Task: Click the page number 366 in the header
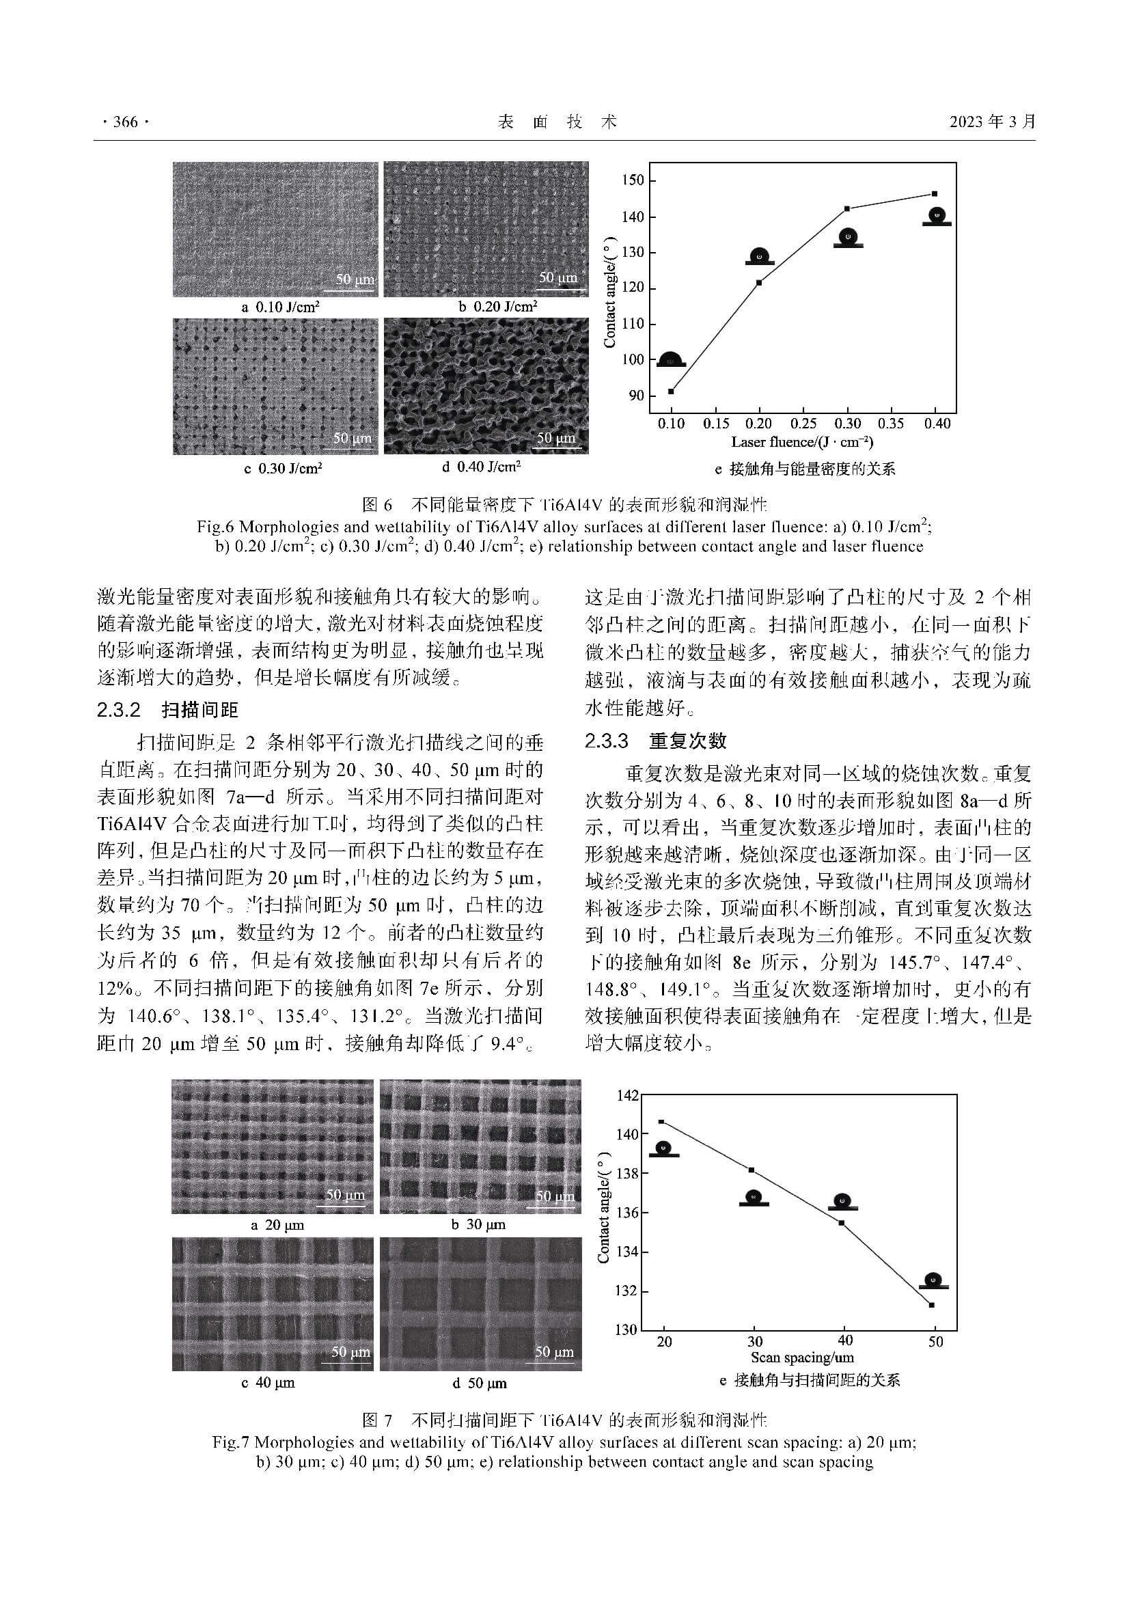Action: (x=125, y=122)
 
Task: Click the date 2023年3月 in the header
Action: (x=992, y=122)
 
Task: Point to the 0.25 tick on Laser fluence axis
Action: (x=803, y=423)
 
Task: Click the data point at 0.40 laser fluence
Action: (x=935, y=193)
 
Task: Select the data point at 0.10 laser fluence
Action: (x=671, y=391)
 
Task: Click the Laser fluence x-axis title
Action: (x=801, y=442)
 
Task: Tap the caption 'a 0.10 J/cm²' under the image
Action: (x=280, y=307)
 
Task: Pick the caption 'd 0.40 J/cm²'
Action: (x=481, y=467)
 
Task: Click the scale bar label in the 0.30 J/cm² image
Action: (x=352, y=439)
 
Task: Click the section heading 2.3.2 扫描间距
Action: (x=167, y=710)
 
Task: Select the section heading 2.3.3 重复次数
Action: (x=655, y=741)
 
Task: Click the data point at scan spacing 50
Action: (x=931, y=1305)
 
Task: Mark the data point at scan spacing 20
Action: (x=661, y=1122)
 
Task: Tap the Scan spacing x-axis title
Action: (x=801, y=1358)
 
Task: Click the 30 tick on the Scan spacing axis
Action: (x=754, y=1341)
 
